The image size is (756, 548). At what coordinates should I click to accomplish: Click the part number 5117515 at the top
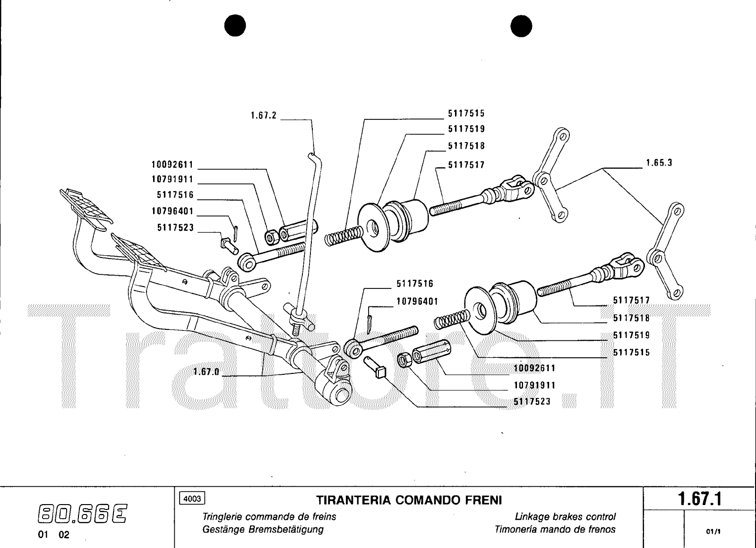coord(466,113)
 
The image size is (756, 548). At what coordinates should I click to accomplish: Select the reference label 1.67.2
coord(264,116)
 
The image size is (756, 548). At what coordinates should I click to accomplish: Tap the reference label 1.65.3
coord(659,163)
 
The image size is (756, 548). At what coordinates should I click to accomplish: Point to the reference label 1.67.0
coord(206,371)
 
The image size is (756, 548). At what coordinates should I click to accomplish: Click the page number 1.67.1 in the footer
coord(700,499)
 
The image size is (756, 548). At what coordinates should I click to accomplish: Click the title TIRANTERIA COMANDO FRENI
coord(409,500)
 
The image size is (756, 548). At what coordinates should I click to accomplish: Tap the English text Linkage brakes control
coord(565,517)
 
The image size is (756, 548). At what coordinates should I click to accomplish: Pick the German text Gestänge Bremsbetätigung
coord(263,530)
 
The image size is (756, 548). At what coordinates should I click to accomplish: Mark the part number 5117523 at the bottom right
coord(532,402)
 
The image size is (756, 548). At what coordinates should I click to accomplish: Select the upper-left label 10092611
coord(172,165)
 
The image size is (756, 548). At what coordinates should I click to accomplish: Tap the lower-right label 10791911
coord(535,386)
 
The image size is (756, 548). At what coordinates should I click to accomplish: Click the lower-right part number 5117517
coord(631,300)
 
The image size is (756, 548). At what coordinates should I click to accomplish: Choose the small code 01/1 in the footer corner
coord(713,531)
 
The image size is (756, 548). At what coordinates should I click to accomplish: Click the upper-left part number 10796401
coord(172,211)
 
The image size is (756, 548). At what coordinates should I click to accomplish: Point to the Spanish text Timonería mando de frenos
coord(555,530)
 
